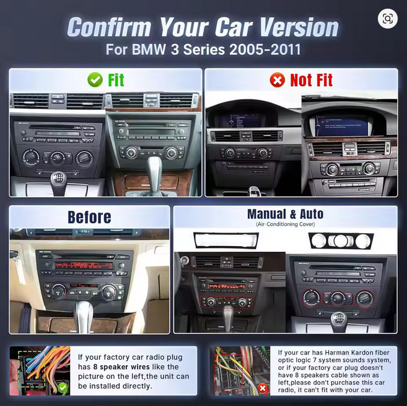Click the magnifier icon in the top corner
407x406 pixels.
click(x=388, y=19)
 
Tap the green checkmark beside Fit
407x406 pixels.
click(x=95, y=80)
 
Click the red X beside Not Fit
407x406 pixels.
click(x=277, y=80)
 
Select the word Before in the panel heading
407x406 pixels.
click(x=89, y=217)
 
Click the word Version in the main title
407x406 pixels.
click(x=299, y=27)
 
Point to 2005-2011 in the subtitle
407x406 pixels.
click(x=265, y=50)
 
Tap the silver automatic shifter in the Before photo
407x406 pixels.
click(x=83, y=316)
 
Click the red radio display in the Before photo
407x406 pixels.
click(x=84, y=265)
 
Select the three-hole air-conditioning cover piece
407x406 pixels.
click(x=341, y=241)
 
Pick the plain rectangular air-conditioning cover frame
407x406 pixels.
click(x=226, y=241)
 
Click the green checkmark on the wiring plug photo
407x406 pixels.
click(x=63, y=388)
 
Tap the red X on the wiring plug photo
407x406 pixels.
click(x=263, y=389)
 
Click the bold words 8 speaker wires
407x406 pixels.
click(x=121, y=367)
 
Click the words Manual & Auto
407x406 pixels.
click(x=285, y=214)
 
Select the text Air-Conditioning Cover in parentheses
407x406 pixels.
click(x=286, y=224)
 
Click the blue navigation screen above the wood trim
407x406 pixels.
click(x=341, y=126)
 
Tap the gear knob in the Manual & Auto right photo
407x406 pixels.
click(x=338, y=322)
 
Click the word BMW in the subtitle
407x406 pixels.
click(x=149, y=50)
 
